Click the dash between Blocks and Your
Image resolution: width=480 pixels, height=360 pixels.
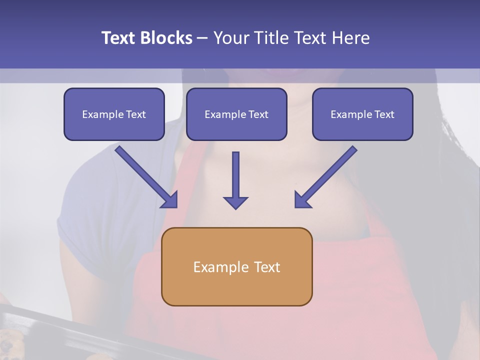click(x=202, y=38)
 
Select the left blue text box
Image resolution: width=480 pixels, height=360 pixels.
click(x=114, y=114)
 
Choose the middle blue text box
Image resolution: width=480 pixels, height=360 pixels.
click(x=236, y=114)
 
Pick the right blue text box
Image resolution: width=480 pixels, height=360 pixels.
click(x=362, y=114)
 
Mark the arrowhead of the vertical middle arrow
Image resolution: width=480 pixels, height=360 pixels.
click(x=235, y=202)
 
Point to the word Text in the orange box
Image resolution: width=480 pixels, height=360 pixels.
click(x=266, y=267)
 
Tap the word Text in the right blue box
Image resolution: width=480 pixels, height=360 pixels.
click(x=384, y=114)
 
